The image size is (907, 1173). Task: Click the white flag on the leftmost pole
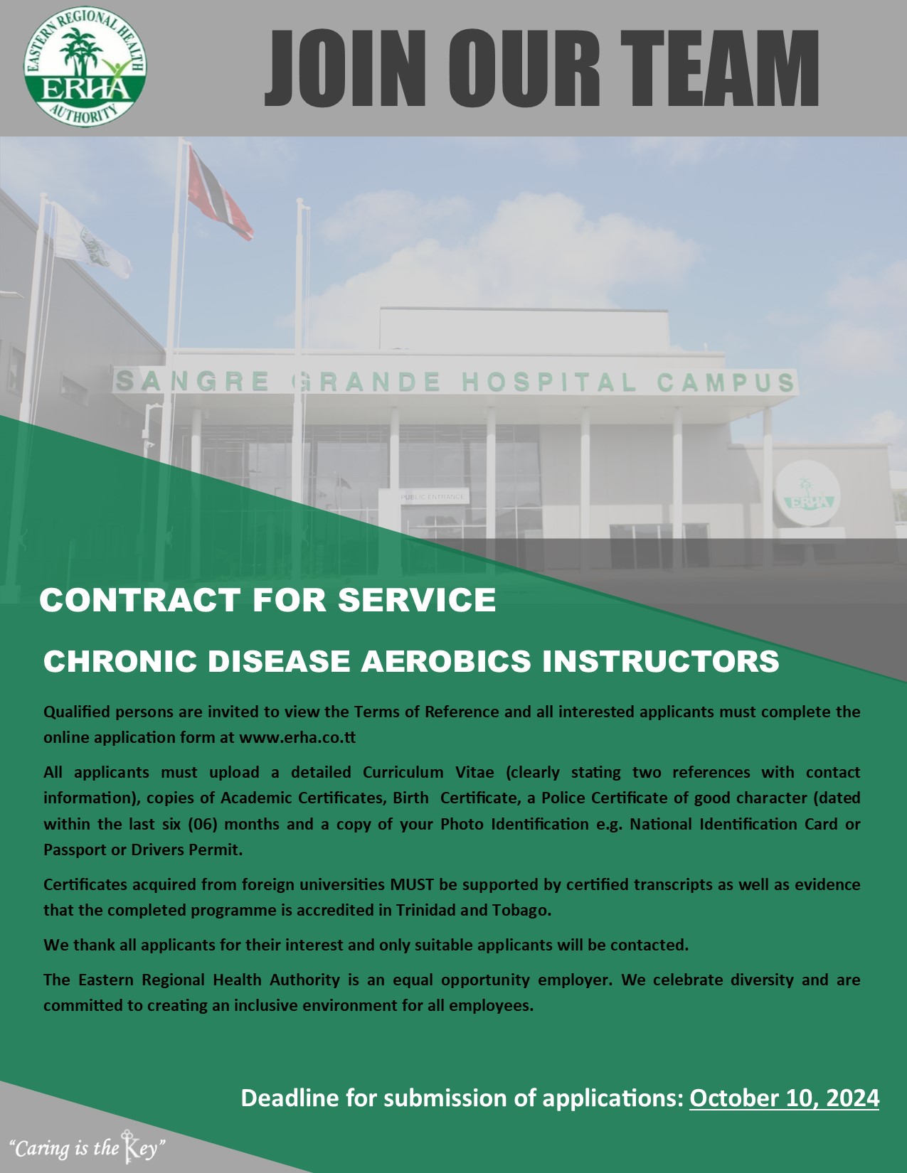91,241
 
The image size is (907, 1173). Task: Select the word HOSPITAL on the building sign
549,382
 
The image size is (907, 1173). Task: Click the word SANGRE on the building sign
193,381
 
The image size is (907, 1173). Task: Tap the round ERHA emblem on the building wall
807,493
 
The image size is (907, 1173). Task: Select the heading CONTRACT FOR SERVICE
267,600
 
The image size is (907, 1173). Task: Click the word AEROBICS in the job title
446,661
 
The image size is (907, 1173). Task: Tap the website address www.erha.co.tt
297,737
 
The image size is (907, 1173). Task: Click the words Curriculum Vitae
428,772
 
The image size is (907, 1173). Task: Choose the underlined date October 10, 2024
785,1098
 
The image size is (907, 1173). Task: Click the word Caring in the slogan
41,1150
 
